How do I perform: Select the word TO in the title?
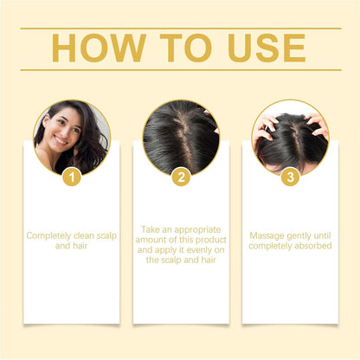point(183,48)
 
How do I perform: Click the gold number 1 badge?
point(73,177)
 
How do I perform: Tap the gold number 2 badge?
point(181,177)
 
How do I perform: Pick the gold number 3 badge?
point(290,177)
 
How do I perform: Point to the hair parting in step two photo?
point(181,130)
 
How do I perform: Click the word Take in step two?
point(151,229)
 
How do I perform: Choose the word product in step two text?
point(208,239)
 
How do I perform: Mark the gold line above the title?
point(180,28)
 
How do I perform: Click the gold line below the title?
point(180,70)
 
